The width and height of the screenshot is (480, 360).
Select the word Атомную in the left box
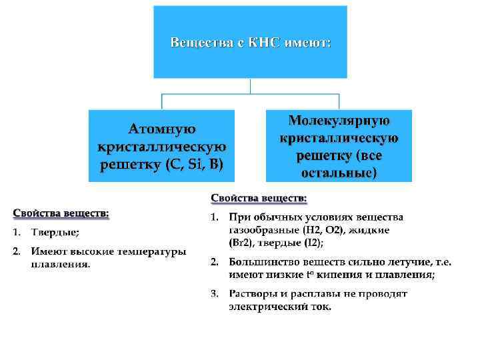click(x=162, y=128)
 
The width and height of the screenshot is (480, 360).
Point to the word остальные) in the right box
click(x=339, y=173)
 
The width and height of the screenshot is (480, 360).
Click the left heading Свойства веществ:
click(x=61, y=213)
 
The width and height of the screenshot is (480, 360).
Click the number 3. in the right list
click(x=214, y=294)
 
